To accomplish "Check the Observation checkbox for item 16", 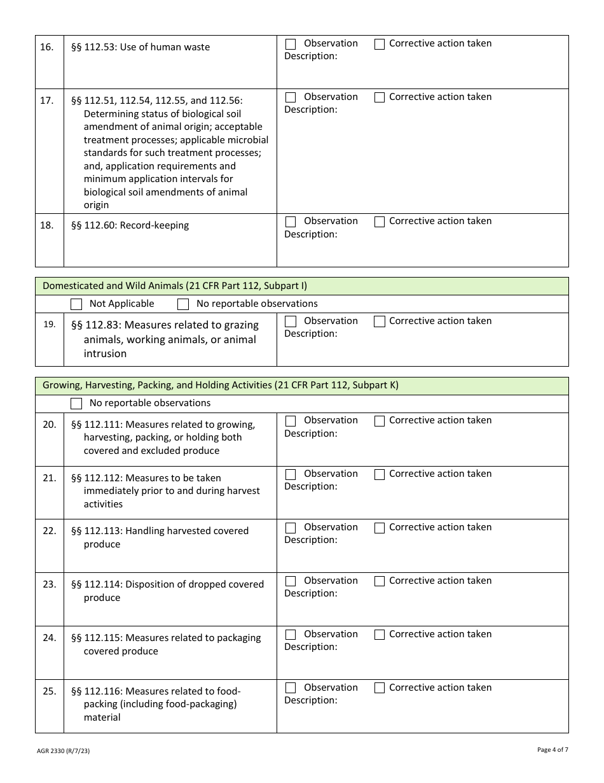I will coord(291,45).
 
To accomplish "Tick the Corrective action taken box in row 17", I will coord(380,98).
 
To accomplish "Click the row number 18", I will coord(47,225).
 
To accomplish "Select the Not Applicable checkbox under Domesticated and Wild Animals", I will coord(76,304).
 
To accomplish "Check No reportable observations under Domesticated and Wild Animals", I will coord(183,304).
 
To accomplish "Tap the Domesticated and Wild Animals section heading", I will coord(175,286).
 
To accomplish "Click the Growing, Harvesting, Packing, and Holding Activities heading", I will coord(221,385).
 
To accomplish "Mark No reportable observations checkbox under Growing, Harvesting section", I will coord(76,404).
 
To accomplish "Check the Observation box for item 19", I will coord(291,322).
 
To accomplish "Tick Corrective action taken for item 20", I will coord(380,421).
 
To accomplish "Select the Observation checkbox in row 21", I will coord(291,475).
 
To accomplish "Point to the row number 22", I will coord(49,531).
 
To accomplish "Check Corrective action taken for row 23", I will coord(380,582).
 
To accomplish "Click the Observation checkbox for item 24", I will coord(291,635).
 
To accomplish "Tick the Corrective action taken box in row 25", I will coord(380,689).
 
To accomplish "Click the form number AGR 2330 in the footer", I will coord(63,751).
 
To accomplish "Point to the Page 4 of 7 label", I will coord(553,750).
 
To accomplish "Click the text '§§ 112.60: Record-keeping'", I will coord(130,225).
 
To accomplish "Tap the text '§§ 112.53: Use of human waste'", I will coord(141,47).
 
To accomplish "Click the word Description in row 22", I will coord(310,540).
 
